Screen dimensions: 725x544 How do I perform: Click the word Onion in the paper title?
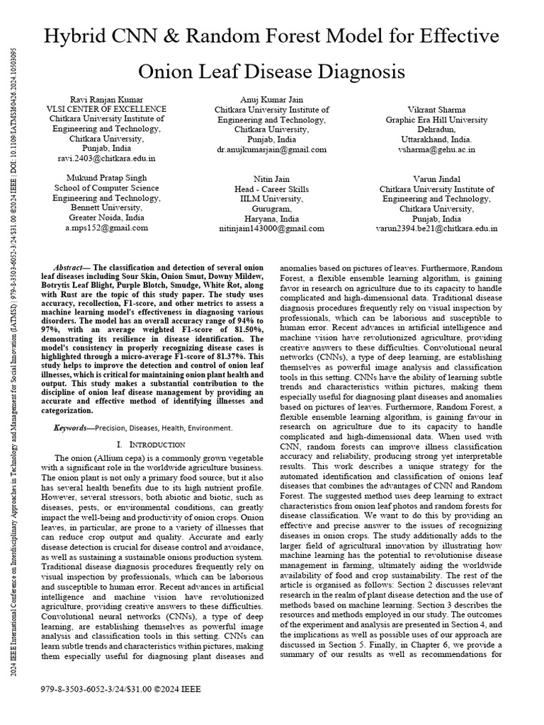pos(170,72)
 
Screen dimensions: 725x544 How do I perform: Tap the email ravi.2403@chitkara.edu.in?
pos(106,159)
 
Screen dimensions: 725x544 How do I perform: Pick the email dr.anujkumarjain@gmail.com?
pos(272,149)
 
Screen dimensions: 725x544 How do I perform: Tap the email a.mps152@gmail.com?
pos(106,228)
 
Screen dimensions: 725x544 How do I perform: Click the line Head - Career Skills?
pos(272,189)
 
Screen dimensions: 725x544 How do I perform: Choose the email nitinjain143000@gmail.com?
pos(272,228)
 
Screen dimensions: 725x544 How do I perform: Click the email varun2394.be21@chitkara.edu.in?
pos(436,229)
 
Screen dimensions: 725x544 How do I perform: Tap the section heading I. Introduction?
pos(151,445)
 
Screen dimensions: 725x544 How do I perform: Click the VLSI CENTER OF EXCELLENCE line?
pos(106,110)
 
